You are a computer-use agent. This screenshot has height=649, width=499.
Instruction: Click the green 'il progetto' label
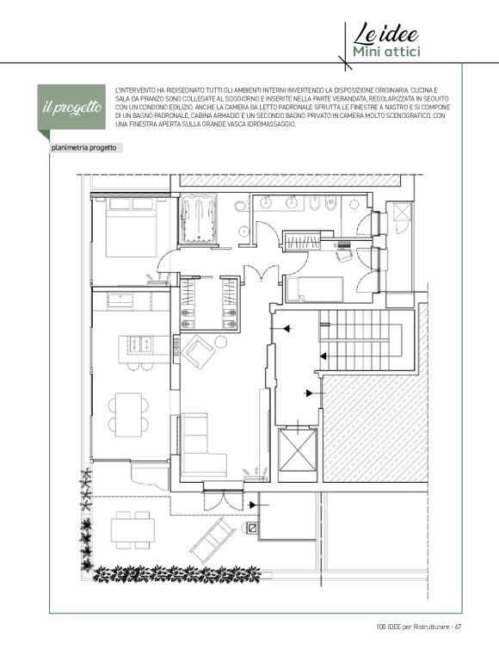(x=71, y=108)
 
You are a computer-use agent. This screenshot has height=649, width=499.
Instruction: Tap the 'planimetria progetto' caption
(x=84, y=148)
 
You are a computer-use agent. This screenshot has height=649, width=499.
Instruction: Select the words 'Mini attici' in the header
(x=386, y=52)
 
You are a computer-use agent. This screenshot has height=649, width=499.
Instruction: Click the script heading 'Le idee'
(x=385, y=34)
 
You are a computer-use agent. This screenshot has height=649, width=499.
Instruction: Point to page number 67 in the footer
(x=459, y=627)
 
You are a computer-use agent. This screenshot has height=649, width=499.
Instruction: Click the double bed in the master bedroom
(x=132, y=227)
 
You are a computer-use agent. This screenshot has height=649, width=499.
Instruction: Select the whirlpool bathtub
(x=199, y=219)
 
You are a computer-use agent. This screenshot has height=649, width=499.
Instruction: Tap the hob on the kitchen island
(x=140, y=344)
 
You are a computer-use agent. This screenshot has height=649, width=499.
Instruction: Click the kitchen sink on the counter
(x=120, y=300)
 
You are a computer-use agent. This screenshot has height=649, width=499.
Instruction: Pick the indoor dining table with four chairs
(x=129, y=414)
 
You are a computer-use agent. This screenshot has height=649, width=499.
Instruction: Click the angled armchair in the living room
(x=197, y=351)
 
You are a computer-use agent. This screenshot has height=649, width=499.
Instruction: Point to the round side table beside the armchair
(x=221, y=342)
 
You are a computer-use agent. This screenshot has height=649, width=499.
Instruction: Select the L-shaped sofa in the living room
(x=200, y=445)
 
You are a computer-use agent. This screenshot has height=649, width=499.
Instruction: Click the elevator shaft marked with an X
(x=298, y=450)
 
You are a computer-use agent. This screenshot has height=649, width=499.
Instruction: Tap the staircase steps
(x=360, y=340)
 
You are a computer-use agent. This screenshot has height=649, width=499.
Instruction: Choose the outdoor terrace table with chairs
(x=132, y=530)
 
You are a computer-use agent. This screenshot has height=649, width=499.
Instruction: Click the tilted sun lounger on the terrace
(x=213, y=540)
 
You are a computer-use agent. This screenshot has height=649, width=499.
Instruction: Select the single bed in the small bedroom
(x=315, y=289)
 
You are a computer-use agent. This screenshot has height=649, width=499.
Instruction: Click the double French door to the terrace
(x=223, y=500)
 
